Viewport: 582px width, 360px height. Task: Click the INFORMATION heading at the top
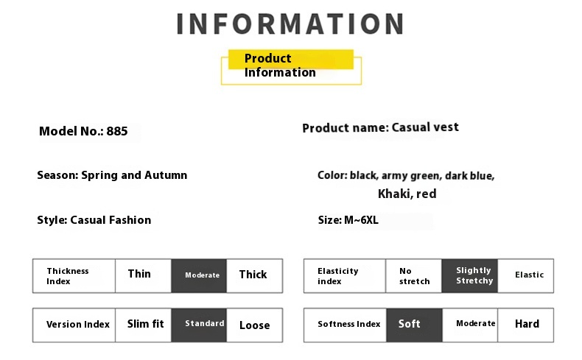pyautogui.click(x=290, y=24)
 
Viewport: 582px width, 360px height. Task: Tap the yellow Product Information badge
pyautogui.click(x=291, y=67)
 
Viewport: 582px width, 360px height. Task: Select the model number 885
pyautogui.click(x=117, y=131)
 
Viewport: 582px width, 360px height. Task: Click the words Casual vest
pyautogui.click(x=425, y=127)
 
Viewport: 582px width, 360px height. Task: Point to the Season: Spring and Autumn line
pyautogui.click(x=112, y=175)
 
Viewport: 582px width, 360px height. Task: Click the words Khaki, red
pyautogui.click(x=407, y=194)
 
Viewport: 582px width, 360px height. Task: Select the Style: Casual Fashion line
pyautogui.click(x=94, y=220)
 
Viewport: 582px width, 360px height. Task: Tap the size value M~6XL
pyautogui.click(x=361, y=220)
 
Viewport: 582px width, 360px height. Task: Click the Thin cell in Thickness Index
pyautogui.click(x=143, y=276)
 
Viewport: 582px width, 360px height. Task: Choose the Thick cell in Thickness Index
pyautogui.click(x=255, y=276)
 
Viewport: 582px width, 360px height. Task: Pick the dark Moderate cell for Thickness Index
pyautogui.click(x=199, y=276)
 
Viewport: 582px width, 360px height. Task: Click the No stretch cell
pyautogui.click(x=414, y=276)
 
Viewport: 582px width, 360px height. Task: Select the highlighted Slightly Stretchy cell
pyautogui.click(x=469, y=276)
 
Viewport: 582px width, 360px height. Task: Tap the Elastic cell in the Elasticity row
pyautogui.click(x=525, y=276)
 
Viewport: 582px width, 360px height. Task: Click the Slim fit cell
pyautogui.click(x=143, y=325)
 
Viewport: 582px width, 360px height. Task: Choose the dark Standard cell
pyautogui.click(x=199, y=325)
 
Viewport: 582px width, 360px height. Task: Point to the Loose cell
pyautogui.click(x=255, y=325)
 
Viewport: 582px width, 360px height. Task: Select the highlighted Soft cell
pyautogui.click(x=414, y=325)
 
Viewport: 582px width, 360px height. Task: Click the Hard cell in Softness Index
pyautogui.click(x=525, y=325)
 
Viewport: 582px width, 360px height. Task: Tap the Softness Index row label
pyautogui.click(x=349, y=324)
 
